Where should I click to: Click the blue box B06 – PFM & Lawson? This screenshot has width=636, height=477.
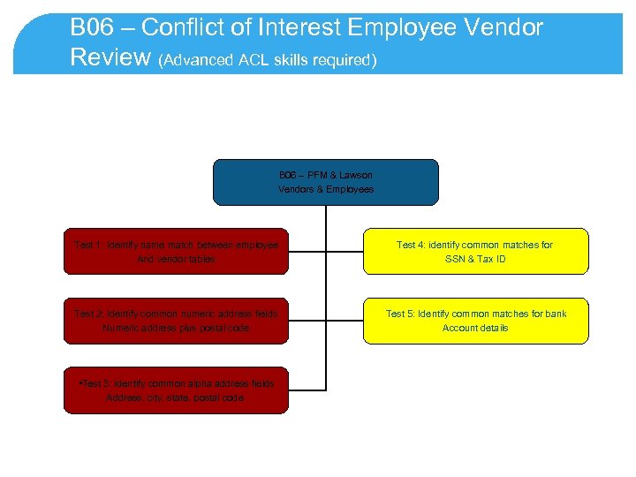(x=326, y=182)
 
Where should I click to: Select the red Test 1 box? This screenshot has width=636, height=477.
(x=176, y=252)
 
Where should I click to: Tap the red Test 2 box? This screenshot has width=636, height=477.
(x=176, y=321)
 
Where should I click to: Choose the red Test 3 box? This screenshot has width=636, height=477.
(x=176, y=390)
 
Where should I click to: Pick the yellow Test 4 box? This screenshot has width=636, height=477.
(x=475, y=252)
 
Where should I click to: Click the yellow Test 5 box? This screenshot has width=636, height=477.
(x=475, y=321)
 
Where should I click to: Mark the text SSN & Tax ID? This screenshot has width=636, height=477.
(x=475, y=260)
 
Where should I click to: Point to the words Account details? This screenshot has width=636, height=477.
(x=475, y=329)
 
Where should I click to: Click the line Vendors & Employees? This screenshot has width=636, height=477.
(x=326, y=189)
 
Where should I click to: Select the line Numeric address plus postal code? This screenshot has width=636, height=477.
(x=176, y=329)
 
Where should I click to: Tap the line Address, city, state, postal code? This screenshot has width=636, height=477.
(x=176, y=398)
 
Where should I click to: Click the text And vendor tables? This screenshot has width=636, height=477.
(x=176, y=260)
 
